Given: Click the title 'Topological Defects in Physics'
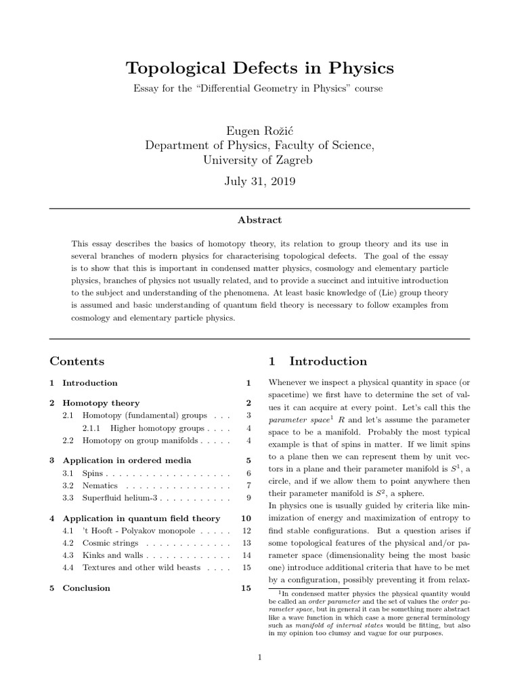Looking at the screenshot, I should pyautogui.click(x=259, y=68).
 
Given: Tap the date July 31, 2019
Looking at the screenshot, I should pyautogui.click(x=259, y=182).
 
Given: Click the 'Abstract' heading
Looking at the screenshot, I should pyautogui.click(x=259, y=220).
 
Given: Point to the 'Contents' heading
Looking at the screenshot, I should pyautogui.click(x=77, y=361).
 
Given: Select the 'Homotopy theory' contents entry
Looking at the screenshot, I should pyautogui.click(x=101, y=403).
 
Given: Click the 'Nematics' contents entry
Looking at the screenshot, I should pyautogui.click(x=100, y=485).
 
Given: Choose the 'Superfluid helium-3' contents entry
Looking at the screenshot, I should pyautogui.click(x=119, y=497).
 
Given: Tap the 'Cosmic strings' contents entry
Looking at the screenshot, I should pyautogui.click(x=110, y=543).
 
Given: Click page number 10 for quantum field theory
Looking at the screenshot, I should pyautogui.click(x=246, y=518).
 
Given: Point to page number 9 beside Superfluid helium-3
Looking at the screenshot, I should pyautogui.click(x=248, y=497).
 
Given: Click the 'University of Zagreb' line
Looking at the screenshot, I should pyautogui.click(x=259, y=160).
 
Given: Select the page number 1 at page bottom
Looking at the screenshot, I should pyautogui.click(x=259, y=657).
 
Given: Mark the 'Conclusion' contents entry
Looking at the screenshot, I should pyautogui.click(x=86, y=588).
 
